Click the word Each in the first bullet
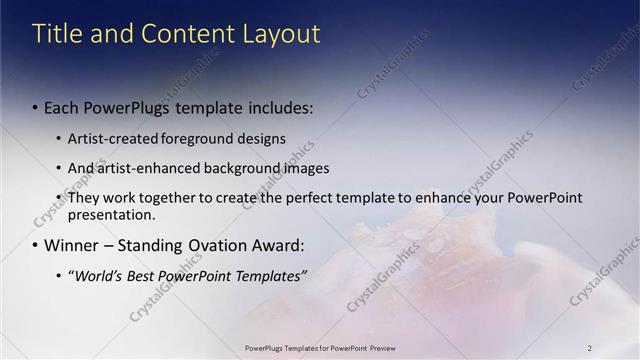click(65, 107)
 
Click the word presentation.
click(111, 214)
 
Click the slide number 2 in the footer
click(590, 347)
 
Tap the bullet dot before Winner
click(35, 245)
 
